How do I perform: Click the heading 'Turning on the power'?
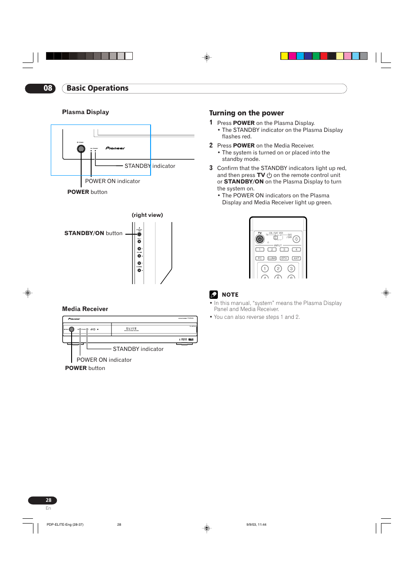pos(246,113)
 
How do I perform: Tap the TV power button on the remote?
pos(260,239)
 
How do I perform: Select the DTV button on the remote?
pos(284,259)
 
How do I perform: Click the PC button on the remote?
pos(260,259)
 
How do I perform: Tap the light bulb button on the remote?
pos(296,239)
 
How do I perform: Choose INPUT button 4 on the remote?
pos(296,250)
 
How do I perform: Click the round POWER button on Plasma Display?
pos(81,149)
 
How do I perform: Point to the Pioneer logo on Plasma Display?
pos(115,148)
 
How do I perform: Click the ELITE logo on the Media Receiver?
pos(131,329)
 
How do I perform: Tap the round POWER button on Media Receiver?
pos(72,330)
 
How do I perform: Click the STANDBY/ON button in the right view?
pos(139,234)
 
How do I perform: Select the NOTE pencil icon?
pos(214,295)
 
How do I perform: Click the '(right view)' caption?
pos(148,215)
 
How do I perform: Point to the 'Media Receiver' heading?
pos(85,309)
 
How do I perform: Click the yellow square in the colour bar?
pos(284,56)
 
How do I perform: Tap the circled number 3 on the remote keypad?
pos(291,269)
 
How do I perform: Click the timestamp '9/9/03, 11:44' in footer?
pos(256,525)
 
